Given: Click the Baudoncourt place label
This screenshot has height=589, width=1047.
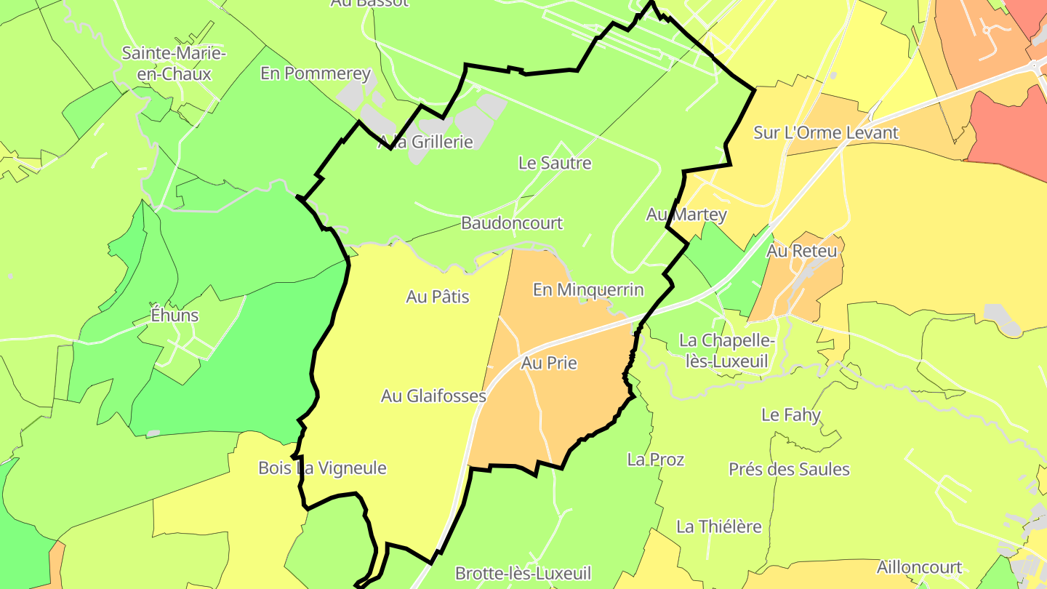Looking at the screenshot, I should click(x=512, y=223).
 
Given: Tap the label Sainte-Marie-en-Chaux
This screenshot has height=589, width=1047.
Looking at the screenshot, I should click(x=174, y=63).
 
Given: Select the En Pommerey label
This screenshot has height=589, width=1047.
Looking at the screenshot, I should click(x=316, y=73).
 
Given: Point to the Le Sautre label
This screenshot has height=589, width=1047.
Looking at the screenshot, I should click(x=555, y=163).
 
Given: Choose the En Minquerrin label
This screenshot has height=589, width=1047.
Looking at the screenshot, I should click(x=588, y=289).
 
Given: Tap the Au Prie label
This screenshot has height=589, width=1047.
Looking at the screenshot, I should click(x=549, y=362).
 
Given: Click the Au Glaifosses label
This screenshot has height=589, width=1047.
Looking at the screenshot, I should click(x=433, y=396).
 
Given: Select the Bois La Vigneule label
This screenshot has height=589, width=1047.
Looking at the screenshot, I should click(x=322, y=468).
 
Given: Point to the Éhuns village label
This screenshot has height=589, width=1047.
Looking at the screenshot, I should click(x=174, y=316).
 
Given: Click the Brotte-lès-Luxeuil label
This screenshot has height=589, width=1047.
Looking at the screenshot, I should click(x=523, y=573).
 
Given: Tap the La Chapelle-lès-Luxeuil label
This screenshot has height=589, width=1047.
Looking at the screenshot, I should click(x=727, y=350).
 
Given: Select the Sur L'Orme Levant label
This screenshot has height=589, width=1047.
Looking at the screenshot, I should click(x=826, y=133).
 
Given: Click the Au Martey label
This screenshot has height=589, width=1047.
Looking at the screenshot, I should click(x=686, y=215).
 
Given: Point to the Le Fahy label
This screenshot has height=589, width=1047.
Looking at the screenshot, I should click(x=791, y=414).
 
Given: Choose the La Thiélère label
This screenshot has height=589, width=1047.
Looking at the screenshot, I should click(x=719, y=526).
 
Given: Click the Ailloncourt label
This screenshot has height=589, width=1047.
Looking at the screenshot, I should click(x=919, y=567).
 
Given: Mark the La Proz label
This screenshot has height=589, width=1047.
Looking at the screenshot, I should click(x=656, y=460).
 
